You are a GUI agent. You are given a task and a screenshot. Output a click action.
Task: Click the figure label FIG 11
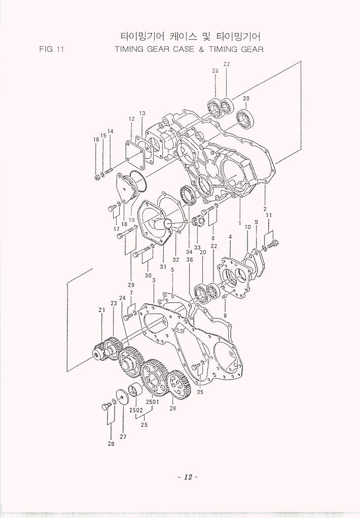click(x=51, y=49)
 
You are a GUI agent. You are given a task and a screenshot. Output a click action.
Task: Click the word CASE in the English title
click(x=184, y=49)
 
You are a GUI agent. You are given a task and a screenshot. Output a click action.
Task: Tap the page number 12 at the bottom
click(x=188, y=477)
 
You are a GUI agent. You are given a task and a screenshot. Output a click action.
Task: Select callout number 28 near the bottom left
click(x=111, y=444)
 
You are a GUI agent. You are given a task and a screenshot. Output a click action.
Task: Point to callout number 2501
click(x=153, y=402)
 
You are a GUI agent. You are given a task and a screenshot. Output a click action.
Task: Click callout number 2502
click(x=136, y=410)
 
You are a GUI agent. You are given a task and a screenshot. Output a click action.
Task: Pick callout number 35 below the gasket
click(x=200, y=392)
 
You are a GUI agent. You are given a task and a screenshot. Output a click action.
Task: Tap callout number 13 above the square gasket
click(x=142, y=113)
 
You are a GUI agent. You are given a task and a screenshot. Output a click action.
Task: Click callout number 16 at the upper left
click(x=96, y=140)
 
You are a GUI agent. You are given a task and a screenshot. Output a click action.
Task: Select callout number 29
click(x=131, y=285)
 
